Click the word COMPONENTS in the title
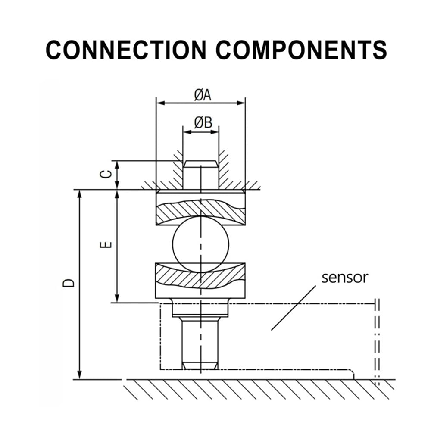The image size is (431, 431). pos(302,50)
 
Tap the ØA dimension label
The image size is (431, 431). pos(203,95)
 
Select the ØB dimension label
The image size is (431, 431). pos(203,122)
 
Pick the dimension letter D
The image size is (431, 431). pos(69,283)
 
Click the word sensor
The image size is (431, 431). pos(345,278)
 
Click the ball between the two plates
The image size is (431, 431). pos(201,244)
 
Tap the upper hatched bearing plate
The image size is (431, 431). pos(201,209)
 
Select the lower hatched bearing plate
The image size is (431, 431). pos(200,281)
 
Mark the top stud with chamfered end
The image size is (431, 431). pos(201,175)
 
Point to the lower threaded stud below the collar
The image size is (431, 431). pos(200,344)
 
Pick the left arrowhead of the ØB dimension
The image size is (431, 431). pos(187,132)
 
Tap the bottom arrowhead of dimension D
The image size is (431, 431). pos(79,375)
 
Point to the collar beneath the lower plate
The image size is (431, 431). pos(200,308)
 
